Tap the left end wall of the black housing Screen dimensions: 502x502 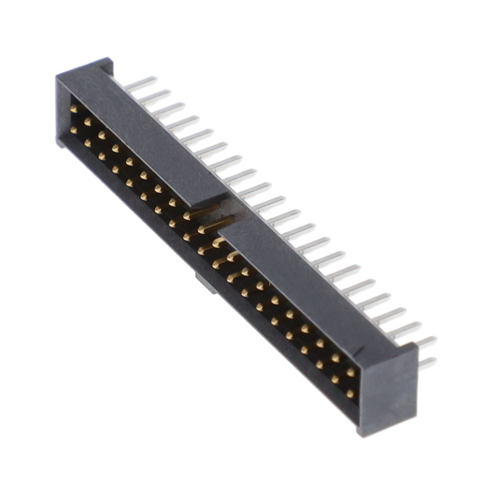coord(63,110)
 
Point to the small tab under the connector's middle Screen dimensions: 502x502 coord(206,283)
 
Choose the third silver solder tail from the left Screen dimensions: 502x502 coord(169,110)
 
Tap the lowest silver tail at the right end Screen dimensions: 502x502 coord(427,363)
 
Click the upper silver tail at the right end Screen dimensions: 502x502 coord(424,341)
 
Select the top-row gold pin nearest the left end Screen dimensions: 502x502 coord(74,110)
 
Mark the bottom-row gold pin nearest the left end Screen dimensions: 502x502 coord(74,128)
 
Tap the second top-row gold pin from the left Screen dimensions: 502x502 coord(87,122)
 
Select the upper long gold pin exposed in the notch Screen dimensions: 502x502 coord(206,212)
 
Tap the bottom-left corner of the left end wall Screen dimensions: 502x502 coord(60,144)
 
